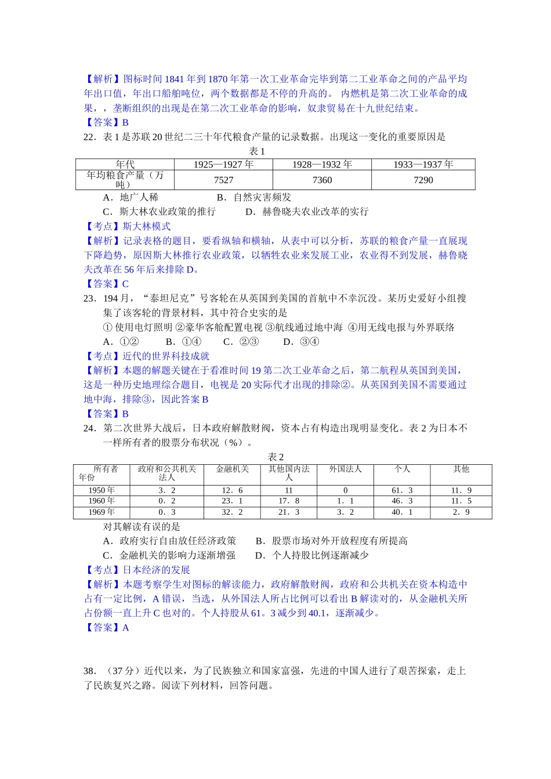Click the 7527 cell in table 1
[x=223, y=180]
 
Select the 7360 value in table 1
[x=322, y=180]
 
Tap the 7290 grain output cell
[x=423, y=180]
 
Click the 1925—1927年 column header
[x=223, y=165]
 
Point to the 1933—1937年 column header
[x=423, y=165]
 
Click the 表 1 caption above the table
[x=257, y=151]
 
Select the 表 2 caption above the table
[x=276, y=457]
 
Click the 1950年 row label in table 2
[x=101, y=490]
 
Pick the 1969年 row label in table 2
[x=101, y=512]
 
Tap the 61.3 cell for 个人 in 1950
[x=402, y=490]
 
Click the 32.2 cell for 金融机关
[x=232, y=512]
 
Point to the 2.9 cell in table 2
[x=461, y=512]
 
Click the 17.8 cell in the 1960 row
[x=289, y=501]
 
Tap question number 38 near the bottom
[x=89, y=671]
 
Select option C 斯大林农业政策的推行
[x=159, y=212]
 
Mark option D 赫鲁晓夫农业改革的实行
[x=307, y=212]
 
